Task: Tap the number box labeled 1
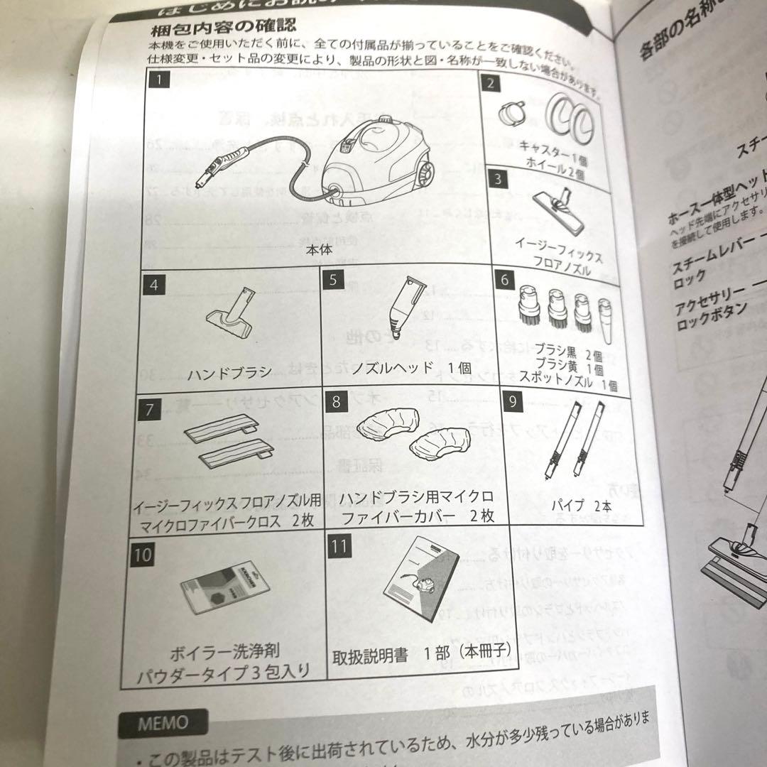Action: [160, 80]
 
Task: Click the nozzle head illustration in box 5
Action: [410, 307]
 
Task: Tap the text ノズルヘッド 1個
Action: [413, 369]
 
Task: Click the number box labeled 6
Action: [505, 279]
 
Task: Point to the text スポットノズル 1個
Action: [576, 385]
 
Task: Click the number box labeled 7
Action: [148, 410]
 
